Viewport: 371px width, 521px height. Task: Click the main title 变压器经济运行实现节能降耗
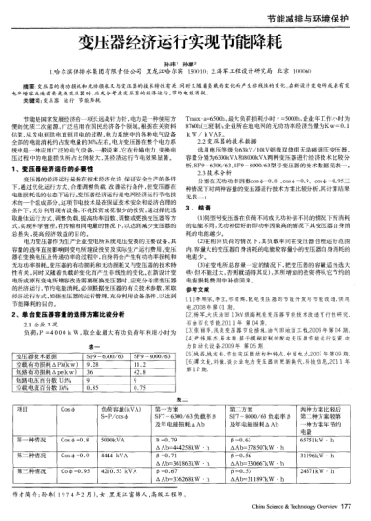185,42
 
